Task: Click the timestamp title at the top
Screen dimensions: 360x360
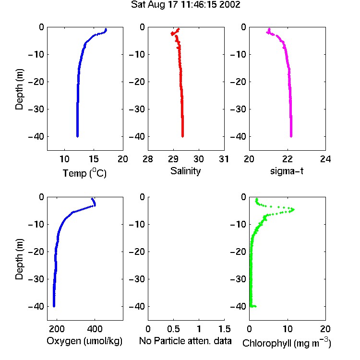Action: (x=185, y=5)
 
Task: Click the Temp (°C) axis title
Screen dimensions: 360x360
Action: (x=84, y=173)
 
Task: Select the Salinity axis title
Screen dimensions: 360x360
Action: (x=185, y=171)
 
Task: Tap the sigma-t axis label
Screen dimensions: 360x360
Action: (x=287, y=171)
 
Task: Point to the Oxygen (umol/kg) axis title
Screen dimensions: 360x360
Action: (x=84, y=341)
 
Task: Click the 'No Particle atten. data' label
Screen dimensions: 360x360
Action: (x=185, y=341)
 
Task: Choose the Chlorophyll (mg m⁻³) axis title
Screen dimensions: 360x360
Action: (x=287, y=343)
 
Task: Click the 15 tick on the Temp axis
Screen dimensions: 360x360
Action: (x=94, y=159)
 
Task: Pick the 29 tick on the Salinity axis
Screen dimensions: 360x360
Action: (x=173, y=159)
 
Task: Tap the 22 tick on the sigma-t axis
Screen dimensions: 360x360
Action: (x=288, y=159)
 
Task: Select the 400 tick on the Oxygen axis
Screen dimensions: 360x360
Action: (x=95, y=329)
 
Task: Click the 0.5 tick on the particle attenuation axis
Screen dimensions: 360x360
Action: (x=173, y=329)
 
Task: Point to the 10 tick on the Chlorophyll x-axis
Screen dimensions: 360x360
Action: (x=288, y=329)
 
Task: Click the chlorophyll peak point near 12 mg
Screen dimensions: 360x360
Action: (x=293, y=209)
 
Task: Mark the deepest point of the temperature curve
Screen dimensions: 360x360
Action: (x=77, y=136)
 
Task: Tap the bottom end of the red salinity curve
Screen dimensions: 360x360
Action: (x=182, y=136)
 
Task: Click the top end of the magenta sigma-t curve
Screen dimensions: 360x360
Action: (x=269, y=29)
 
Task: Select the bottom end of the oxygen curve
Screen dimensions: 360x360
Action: (x=54, y=306)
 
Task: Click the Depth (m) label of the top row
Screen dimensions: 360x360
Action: (x=19, y=89)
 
